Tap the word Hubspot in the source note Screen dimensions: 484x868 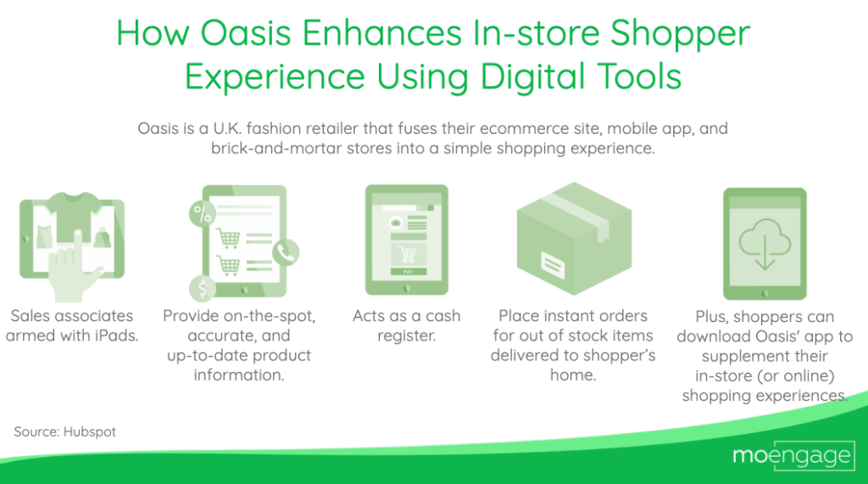pos(89,431)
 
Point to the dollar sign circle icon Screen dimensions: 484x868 pos(202,289)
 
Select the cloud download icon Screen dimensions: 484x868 pos(764,242)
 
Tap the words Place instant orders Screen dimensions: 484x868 pos(572,315)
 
